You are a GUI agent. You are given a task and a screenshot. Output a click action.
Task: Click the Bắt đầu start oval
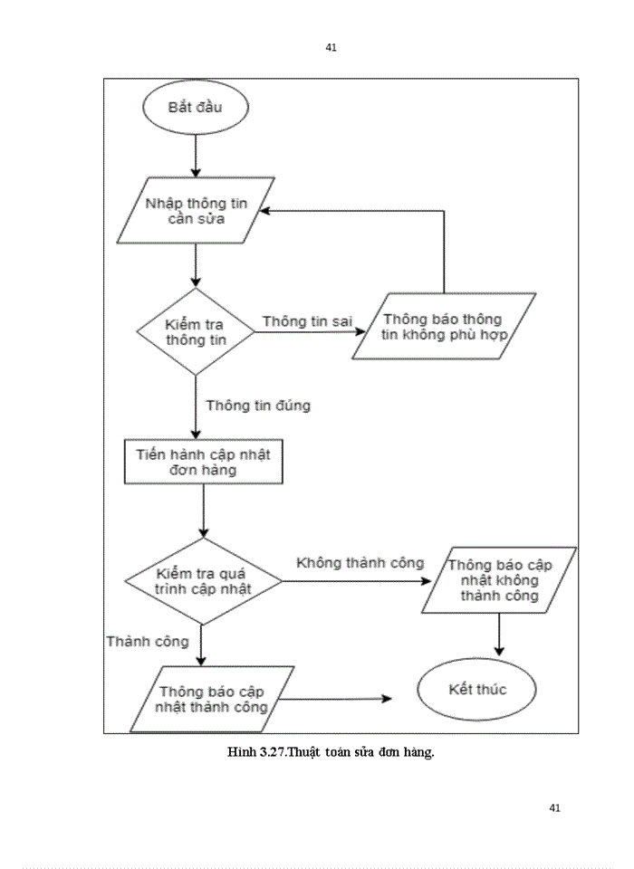click(x=195, y=109)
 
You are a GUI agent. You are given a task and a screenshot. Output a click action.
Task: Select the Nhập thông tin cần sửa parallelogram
click(x=196, y=210)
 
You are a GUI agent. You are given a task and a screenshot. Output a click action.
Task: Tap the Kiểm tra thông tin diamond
click(x=196, y=331)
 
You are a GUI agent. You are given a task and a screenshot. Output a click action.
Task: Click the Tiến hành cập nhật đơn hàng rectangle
click(x=197, y=462)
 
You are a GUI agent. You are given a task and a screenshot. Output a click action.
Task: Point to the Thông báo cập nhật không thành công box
click(x=499, y=579)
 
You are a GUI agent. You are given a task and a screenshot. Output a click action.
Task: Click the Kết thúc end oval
click(x=477, y=690)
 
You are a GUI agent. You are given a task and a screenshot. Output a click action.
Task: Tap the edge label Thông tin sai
click(x=307, y=321)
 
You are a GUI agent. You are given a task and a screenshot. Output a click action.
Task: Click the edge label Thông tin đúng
click(x=258, y=405)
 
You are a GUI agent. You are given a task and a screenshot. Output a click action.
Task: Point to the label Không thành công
click(x=360, y=562)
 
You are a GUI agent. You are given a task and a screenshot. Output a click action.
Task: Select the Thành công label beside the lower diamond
click(x=148, y=641)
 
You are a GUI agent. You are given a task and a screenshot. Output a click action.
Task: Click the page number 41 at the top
click(x=331, y=47)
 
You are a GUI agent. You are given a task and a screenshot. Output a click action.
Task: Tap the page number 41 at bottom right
click(x=555, y=807)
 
